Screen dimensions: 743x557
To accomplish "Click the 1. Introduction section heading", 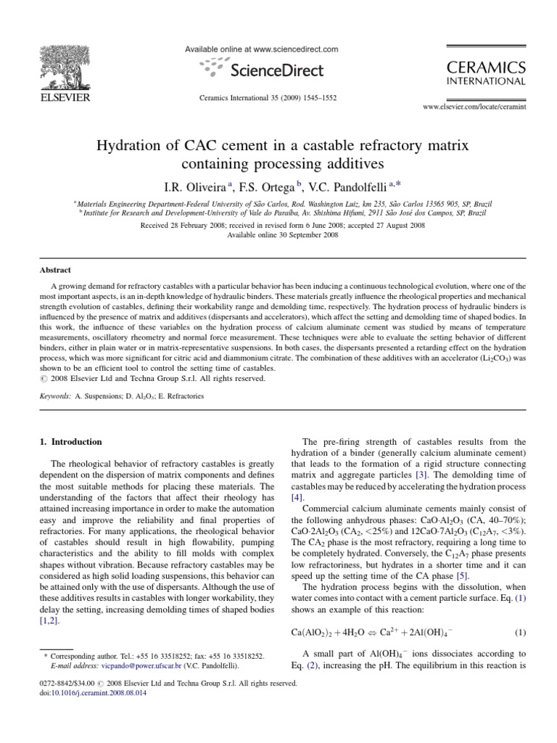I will pos(70,441).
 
